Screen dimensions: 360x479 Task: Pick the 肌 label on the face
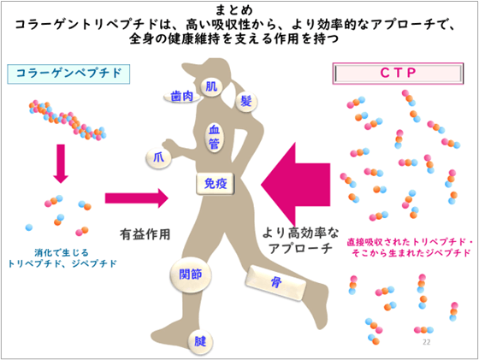(212, 86)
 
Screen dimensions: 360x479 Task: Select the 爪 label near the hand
(158, 156)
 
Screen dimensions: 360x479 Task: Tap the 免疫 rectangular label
(214, 182)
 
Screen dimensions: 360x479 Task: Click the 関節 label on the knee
(189, 274)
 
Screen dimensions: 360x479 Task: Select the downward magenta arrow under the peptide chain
(60, 163)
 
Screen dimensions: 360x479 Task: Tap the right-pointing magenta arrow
(136, 198)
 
